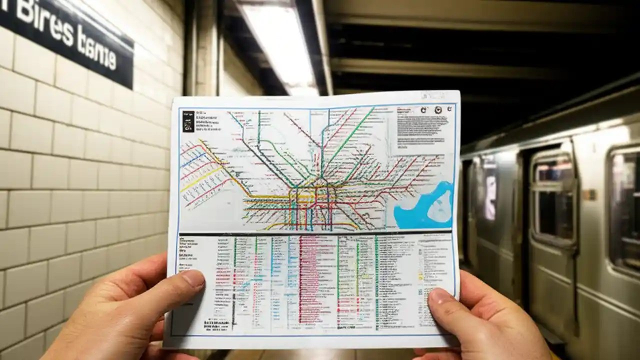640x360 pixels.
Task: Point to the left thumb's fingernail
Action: [193, 278]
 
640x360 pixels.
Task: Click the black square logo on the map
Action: [188, 121]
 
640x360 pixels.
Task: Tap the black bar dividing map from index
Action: [315, 233]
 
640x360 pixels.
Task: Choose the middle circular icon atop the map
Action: [438, 110]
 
